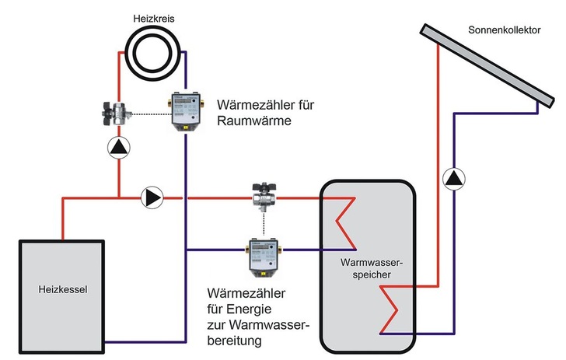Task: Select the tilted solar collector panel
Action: click(486, 67)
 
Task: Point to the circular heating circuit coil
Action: click(153, 52)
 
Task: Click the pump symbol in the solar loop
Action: click(452, 180)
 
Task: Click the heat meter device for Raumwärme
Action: click(187, 114)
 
